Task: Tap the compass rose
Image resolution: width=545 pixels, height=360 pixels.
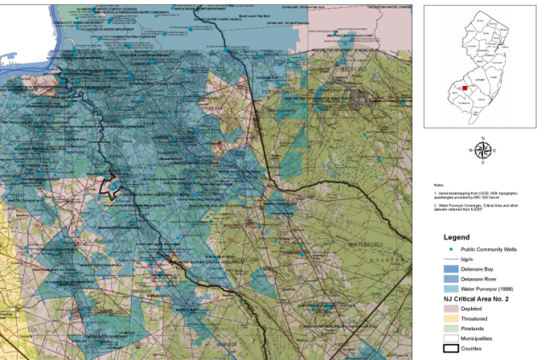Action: click(482, 150)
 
